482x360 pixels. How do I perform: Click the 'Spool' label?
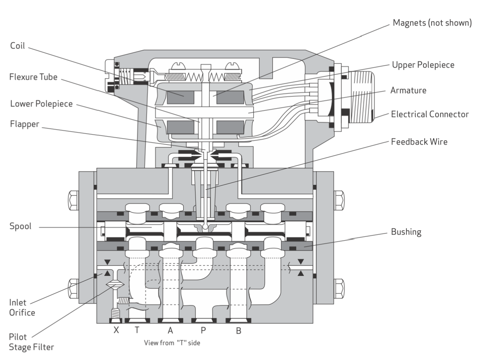click(x=20, y=226)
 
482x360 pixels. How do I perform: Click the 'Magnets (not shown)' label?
click(x=432, y=23)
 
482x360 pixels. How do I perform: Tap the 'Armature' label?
click(x=408, y=90)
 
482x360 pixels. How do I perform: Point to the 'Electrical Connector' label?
click(x=430, y=115)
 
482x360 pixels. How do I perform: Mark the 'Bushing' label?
click(x=406, y=232)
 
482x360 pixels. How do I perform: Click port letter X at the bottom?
click(x=116, y=330)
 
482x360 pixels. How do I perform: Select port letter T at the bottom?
click(x=137, y=330)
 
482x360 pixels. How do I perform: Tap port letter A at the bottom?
click(x=170, y=330)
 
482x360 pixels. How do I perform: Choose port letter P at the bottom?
click(x=204, y=330)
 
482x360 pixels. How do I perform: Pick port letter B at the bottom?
click(x=239, y=330)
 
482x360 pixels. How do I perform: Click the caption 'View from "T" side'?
click(x=172, y=342)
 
